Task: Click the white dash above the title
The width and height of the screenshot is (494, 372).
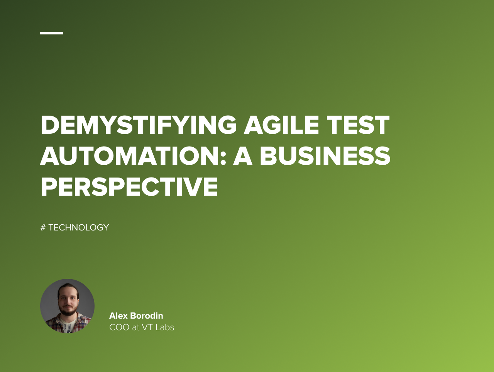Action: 52,33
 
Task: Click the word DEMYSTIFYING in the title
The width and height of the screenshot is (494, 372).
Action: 139,125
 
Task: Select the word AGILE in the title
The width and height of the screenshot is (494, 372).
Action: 281,125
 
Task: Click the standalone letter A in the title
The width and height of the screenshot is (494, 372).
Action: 242,156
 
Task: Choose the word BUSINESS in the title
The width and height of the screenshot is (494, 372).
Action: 325,156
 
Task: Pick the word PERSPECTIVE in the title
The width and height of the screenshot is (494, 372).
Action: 129,187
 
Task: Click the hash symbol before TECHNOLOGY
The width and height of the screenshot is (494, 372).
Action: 43,228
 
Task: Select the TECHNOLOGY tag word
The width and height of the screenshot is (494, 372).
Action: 79,228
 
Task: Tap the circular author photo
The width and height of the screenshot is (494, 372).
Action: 67,306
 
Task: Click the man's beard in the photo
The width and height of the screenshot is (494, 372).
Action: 68,311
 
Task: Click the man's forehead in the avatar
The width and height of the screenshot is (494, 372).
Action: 68,291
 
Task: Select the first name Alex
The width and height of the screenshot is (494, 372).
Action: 118,316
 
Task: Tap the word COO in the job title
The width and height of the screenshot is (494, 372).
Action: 119,328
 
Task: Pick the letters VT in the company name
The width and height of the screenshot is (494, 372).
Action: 147,328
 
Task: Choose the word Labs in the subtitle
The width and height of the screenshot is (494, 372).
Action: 165,328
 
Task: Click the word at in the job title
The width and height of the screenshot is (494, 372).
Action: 135,328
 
